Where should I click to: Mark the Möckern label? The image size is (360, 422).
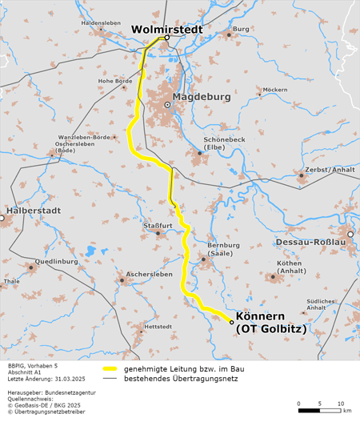point(274,89)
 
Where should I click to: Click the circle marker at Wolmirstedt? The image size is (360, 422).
point(167,38)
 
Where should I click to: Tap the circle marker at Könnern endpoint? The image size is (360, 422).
point(231,322)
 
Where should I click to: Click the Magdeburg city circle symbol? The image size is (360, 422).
point(167,105)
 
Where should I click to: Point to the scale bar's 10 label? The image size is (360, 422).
point(340,402)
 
